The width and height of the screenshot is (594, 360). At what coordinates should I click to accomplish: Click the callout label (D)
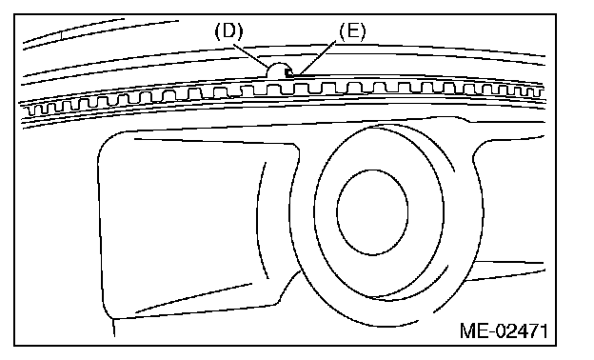click(228, 31)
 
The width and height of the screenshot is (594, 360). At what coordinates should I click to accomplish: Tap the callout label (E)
click(352, 31)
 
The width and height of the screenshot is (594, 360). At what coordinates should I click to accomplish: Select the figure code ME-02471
click(504, 330)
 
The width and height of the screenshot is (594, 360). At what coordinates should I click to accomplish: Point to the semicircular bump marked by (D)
click(278, 70)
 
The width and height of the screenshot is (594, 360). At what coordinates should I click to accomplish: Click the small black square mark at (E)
click(289, 72)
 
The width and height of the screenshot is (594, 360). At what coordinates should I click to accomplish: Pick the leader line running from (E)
click(317, 57)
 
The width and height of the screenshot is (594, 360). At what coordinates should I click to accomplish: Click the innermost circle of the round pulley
click(372, 211)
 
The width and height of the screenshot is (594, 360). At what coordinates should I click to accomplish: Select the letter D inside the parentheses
click(228, 31)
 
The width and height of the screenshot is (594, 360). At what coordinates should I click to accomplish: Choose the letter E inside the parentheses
click(352, 31)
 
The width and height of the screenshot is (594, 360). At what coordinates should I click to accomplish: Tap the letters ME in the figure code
click(473, 330)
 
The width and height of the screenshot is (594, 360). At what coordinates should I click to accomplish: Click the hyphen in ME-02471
click(491, 332)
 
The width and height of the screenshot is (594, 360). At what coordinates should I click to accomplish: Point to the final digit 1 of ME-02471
click(544, 330)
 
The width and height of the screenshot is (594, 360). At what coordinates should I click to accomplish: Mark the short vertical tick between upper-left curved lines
click(62, 34)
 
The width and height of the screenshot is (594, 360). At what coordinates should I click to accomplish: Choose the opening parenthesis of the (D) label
click(218, 31)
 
